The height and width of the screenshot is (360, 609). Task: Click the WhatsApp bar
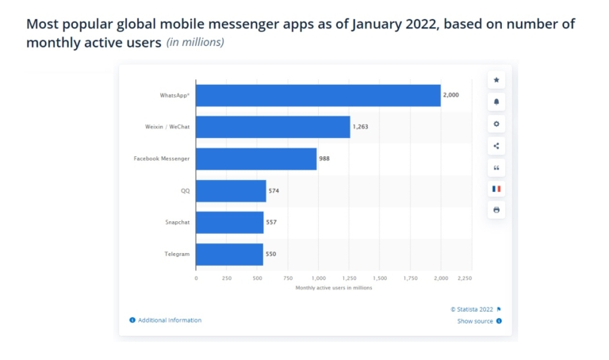(318, 95)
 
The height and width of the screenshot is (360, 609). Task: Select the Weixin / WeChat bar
(273, 127)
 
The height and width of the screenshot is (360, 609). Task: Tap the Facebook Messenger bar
(256, 159)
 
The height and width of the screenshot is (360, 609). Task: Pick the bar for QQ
(231, 191)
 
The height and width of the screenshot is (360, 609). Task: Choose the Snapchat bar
(229, 223)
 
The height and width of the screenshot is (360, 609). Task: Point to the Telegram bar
(229, 255)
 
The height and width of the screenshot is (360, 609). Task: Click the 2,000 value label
(451, 95)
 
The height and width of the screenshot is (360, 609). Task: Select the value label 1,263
(362, 127)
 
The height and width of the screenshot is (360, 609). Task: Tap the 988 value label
(324, 159)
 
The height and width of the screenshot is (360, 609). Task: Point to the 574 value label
(274, 191)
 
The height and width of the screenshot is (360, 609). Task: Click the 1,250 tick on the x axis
(349, 278)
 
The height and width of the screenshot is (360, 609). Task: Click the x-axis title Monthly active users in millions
(333, 288)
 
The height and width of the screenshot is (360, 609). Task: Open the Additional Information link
(170, 320)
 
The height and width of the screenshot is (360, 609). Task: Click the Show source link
(475, 321)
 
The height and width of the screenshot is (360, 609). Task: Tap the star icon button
(496, 80)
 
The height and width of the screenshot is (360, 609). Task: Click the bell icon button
(496, 102)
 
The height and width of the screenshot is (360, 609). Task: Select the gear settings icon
(496, 124)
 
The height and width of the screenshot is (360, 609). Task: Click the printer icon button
(496, 210)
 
